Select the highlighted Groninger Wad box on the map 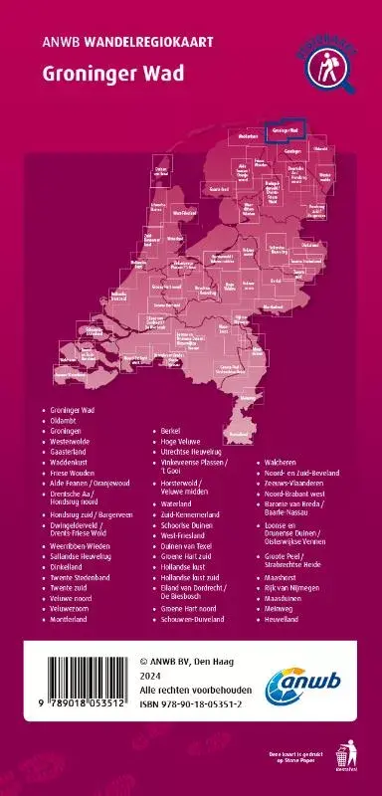[287, 130]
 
